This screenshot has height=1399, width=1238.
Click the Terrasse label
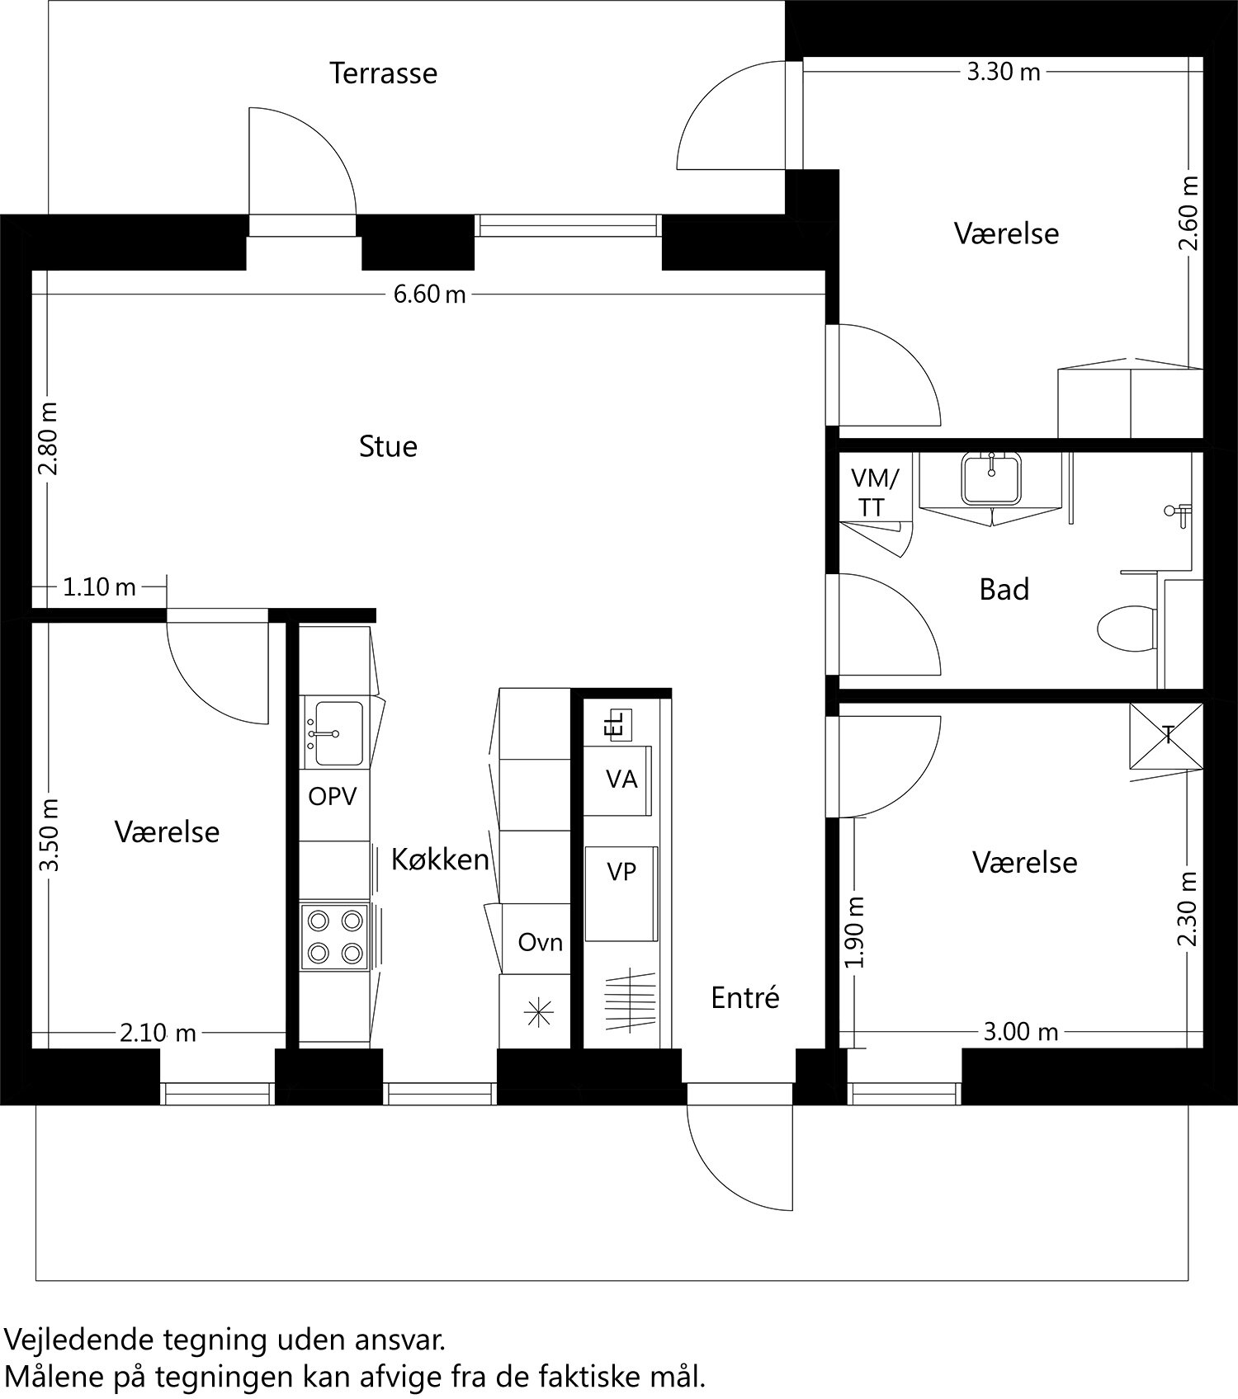(x=383, y=73)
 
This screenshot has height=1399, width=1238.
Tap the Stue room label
(x=388, y=446)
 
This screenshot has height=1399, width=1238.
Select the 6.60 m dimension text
(x=429, y=294)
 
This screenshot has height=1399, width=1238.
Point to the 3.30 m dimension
(x=1003, y=72)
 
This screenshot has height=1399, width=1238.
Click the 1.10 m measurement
(x=99, y=587)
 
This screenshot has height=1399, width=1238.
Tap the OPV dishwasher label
(x=333, y=797)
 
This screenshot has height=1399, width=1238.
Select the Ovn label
(x=540, y=942)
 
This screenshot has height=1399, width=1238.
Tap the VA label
(x=621, y=780)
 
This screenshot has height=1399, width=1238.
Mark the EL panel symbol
(x=617, y=724)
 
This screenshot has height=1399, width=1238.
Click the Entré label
(x=744, y=998)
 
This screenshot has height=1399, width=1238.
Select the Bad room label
(x=1004, y=590)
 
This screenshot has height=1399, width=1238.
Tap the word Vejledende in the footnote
(x=78, y=1339)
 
